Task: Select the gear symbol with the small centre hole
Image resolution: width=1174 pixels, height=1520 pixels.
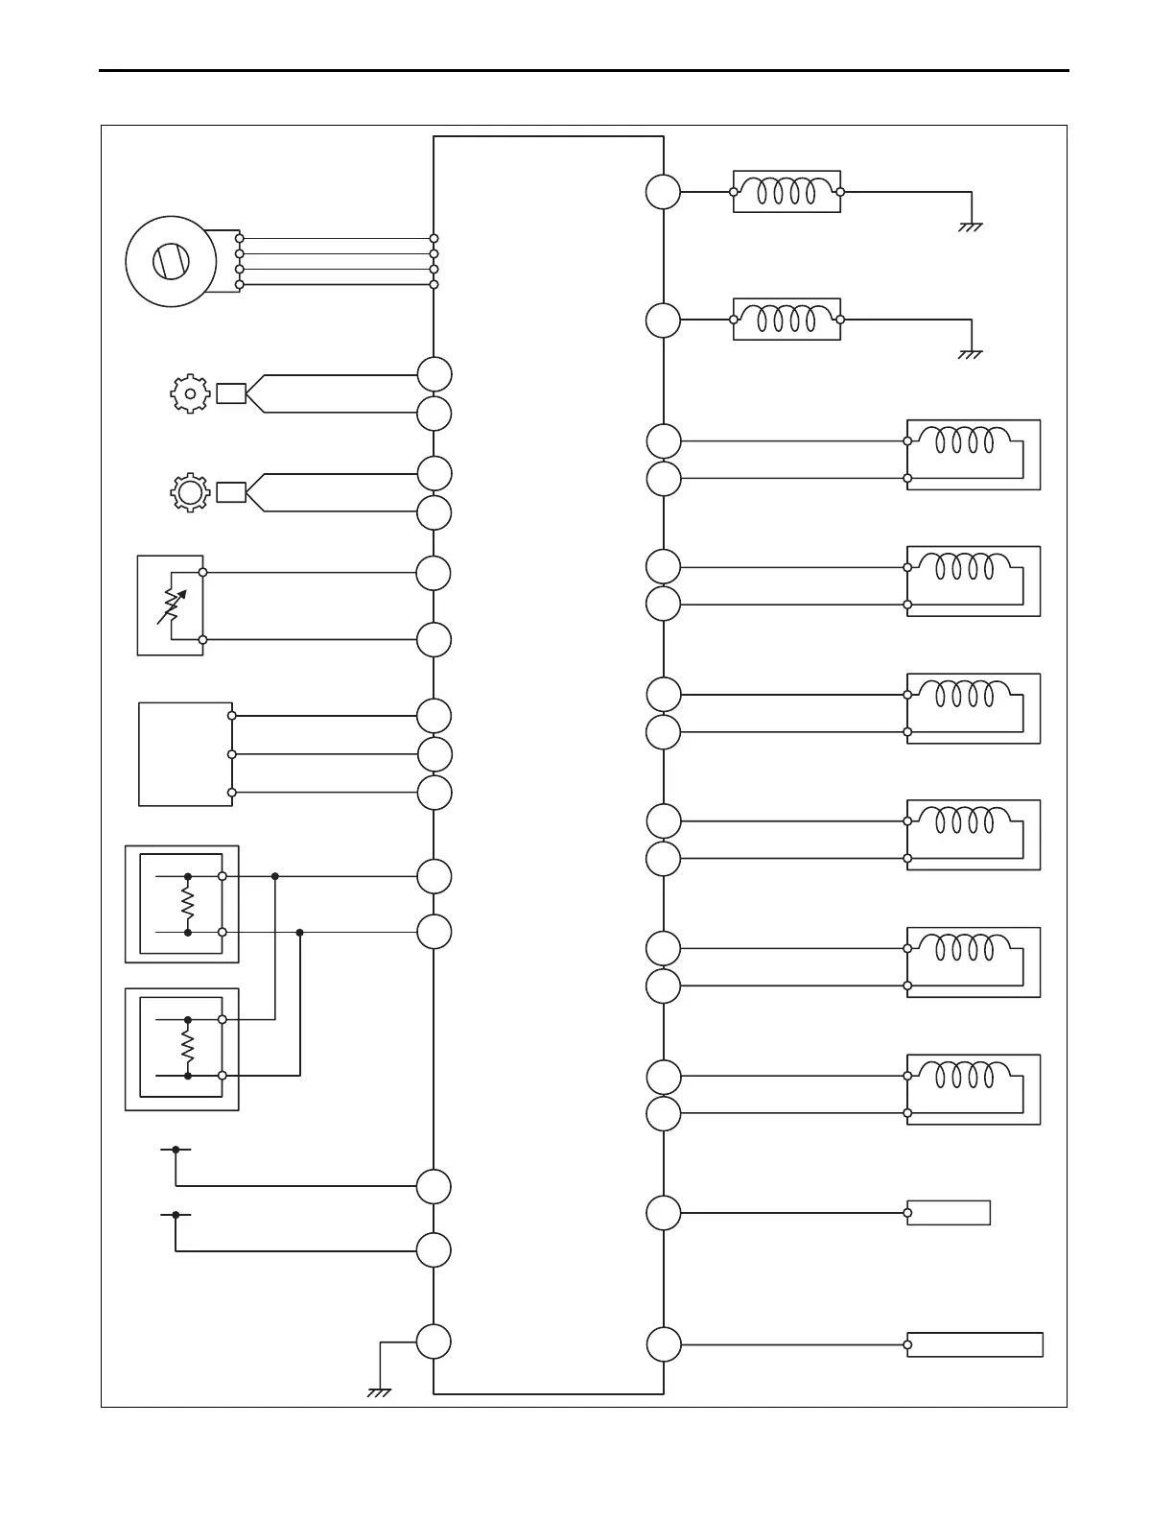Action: pos(190,393)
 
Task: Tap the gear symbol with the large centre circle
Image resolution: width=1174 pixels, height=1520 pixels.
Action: pos(190,492)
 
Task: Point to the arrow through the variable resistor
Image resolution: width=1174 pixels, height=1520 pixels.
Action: pos(173,606)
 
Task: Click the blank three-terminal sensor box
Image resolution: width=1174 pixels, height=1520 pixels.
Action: pos(185,754)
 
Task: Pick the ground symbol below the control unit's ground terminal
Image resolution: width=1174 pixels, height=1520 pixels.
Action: pos(379,1391)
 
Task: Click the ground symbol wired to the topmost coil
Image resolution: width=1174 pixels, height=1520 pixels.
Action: pos(971,227)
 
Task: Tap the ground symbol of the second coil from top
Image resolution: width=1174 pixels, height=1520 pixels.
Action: pos(971,354)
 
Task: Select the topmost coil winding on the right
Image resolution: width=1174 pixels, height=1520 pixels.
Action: pos(787,192)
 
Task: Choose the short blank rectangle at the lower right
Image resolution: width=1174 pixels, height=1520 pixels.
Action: pos(949,1213)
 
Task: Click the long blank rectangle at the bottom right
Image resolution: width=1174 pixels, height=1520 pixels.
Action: pos(974,1344)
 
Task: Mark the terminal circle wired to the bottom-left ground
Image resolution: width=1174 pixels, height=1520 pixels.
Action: pos(434,1342)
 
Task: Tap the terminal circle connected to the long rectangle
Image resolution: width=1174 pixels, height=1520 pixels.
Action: pos(663,1344)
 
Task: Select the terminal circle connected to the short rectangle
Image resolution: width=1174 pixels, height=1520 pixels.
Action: pos(663,1213)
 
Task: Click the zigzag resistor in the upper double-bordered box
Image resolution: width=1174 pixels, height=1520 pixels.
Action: pos(188,904)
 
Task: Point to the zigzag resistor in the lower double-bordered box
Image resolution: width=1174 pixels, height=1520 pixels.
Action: pos(188,1047)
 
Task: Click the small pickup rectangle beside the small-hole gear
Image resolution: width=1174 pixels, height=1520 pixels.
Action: pos(231,393)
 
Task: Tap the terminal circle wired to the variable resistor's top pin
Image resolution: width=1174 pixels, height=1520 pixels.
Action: pos(434,573)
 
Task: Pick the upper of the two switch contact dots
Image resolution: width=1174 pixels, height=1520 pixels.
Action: pos(176,1149)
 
